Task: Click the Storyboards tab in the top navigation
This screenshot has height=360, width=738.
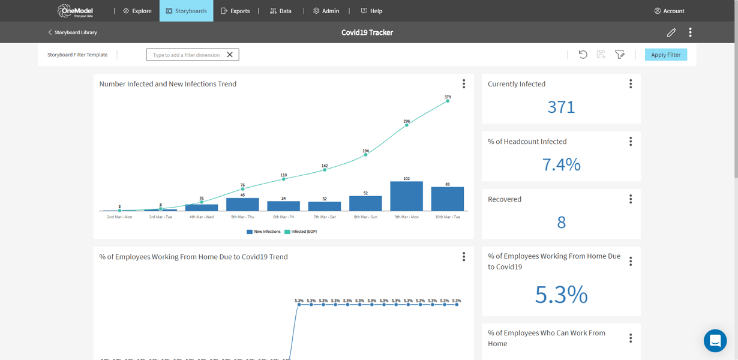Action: coord(186,11)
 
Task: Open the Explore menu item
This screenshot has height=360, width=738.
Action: coord(137,11)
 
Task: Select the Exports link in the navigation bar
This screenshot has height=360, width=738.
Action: coord(235,11)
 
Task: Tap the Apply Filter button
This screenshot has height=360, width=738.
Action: coord(665,55)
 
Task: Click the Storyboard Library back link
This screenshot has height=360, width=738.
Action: coord(73,32)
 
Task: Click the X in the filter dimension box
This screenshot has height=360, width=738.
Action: coord(230,55)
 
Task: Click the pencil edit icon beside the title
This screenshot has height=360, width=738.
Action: coord(671,32)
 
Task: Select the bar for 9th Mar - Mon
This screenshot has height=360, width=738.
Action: coord(406,196)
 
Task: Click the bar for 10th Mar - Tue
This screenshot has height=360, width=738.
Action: coord(447,199)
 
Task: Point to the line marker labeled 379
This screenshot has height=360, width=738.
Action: coord(448,101)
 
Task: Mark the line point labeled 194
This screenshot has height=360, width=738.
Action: coord(365,155)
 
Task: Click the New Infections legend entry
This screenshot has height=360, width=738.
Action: coord(263,232)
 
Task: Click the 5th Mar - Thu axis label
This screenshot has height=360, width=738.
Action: coord(242,217)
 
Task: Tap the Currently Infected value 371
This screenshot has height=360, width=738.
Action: coord(561,107)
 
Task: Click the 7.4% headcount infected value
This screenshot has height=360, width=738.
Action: coord(561,164)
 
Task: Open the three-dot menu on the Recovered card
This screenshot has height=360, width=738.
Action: coord(631,199)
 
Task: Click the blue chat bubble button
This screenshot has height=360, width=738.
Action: coord(715,341)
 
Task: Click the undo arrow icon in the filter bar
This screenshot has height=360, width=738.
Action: coord(583,55)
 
